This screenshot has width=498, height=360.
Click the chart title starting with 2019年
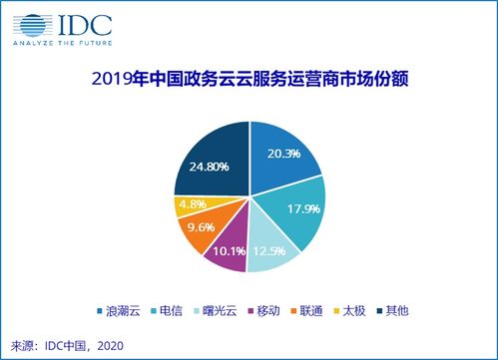[250, 78]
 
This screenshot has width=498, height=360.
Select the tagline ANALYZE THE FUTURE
[62, 43]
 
